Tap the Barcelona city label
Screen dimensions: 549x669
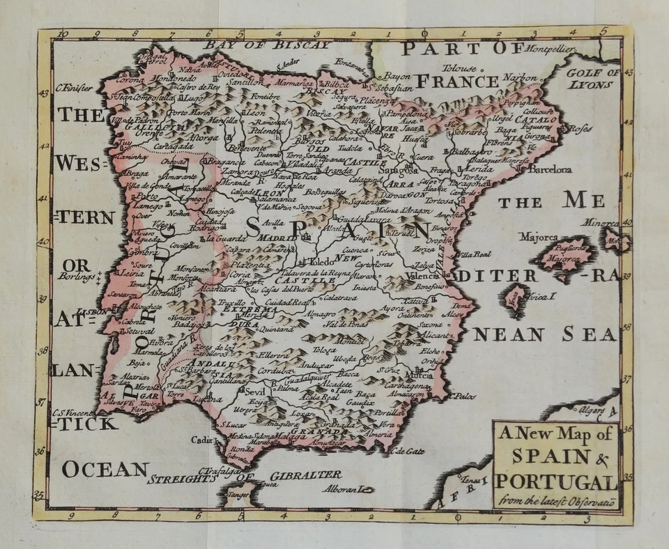pos(551,169)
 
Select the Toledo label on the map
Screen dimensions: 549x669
pos(323,262)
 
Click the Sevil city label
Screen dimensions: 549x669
pos(247,392)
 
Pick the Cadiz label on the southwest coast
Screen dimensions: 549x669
pos(202,440)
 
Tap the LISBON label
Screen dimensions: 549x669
pos(93,312)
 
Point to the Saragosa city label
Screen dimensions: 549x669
pos(399,169)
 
